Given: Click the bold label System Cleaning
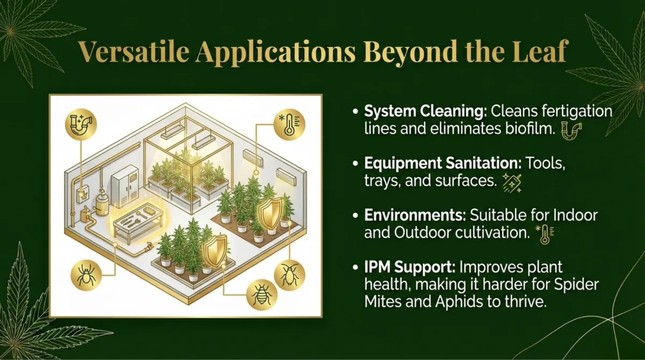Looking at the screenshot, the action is click(x=425, y=112).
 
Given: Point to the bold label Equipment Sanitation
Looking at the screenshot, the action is click(x=443, y=164).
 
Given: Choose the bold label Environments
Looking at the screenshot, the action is click(x=414, y=215).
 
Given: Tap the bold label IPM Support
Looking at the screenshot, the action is click(x=410, y=268).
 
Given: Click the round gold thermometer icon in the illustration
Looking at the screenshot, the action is click(x=289, y=124).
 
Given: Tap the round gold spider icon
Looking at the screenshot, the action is click(x=86, y=276).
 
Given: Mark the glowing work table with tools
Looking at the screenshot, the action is click(x=138, y=222).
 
